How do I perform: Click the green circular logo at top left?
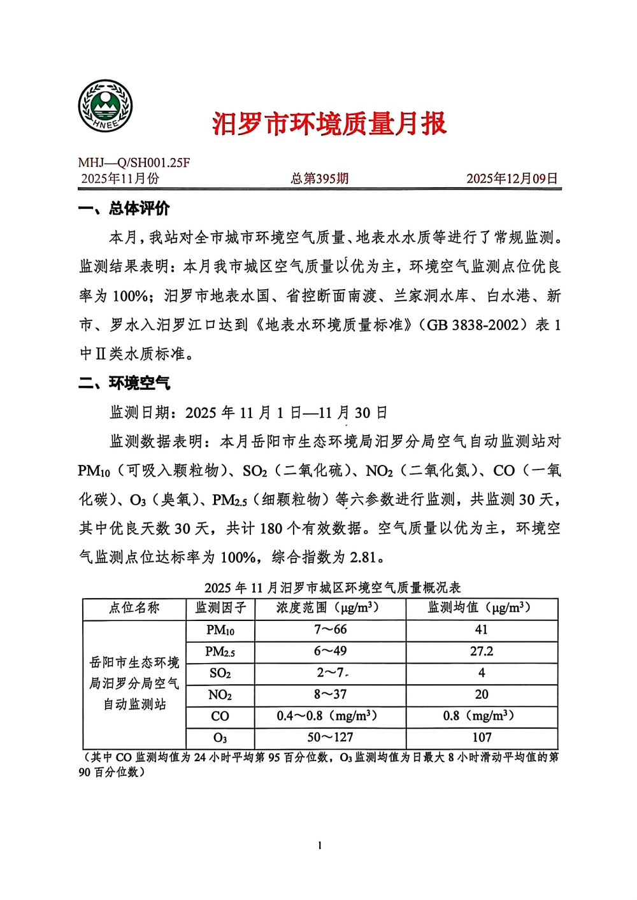click(105, 106)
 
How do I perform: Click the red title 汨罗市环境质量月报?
click(329, 124)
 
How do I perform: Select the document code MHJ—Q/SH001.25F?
click(134, 163)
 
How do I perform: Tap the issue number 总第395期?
click(320, 178)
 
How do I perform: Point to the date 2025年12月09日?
click(512, 178)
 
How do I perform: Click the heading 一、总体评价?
click(124, 208)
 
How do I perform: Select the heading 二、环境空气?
click(124, 383)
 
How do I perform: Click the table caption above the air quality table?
click(333, 587)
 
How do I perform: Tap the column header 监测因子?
click(220, 608)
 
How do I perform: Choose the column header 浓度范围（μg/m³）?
click(329, 608)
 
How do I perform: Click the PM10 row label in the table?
click(220, 630)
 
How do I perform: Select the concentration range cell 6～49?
click(329, 652)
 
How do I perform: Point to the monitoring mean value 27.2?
click(482, 652)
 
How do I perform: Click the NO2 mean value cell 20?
click(482, 694)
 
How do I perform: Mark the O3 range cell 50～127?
click(329, 738)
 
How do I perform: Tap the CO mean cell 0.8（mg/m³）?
click(482, 716)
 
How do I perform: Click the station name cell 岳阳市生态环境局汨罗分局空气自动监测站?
click(134, 683)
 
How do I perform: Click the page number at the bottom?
click(319, 846)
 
